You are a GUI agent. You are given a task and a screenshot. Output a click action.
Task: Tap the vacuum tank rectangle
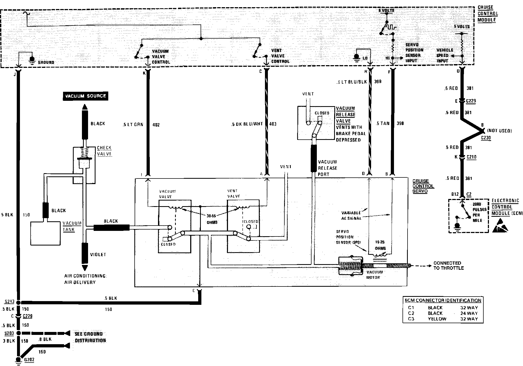pos(45,233)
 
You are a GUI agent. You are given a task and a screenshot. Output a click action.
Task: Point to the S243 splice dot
pos(18,302)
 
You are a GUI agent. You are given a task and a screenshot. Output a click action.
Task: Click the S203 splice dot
pos(18,333)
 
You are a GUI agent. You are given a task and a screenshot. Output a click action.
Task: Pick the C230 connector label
pos(486,138)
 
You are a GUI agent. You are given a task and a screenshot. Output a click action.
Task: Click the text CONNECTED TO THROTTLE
pos(449,265)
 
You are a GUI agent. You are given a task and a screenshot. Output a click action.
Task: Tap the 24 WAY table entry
pos(469,313)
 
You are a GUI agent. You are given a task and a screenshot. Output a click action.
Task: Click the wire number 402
pos(156,124)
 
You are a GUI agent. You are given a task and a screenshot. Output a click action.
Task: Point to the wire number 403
pos(273,124)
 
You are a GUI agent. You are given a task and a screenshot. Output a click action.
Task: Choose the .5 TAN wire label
pos(383,123)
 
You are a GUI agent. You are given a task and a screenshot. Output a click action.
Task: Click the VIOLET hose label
pos(98,255)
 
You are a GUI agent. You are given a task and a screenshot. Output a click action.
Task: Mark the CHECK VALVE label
pos(104,151)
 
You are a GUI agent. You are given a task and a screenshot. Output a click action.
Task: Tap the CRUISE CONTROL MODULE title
pos(487,14)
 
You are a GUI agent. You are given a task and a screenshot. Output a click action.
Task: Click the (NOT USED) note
pos(500,131)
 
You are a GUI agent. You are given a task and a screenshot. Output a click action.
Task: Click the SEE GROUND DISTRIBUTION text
pos(90,337)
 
